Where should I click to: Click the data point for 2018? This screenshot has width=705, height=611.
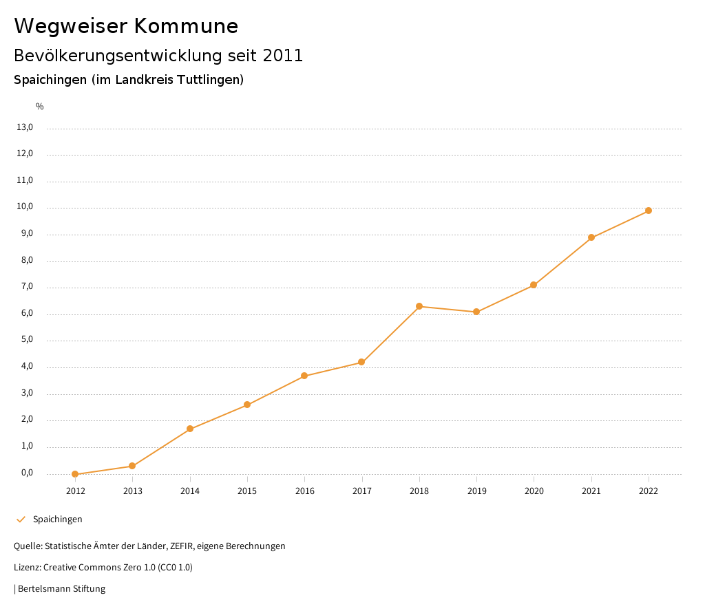coord(419,306)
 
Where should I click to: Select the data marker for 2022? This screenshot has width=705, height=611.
coord(649,211)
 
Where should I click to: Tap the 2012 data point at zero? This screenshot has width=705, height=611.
coord(75,474)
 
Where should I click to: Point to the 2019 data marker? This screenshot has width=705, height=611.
coord(476,312)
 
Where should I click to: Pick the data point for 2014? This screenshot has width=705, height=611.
coord(190,429)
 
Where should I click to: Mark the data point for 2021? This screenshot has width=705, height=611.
coord(591,237)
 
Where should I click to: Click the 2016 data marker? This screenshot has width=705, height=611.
coord(304,376)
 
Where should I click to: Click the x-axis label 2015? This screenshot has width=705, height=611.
coord(247,491)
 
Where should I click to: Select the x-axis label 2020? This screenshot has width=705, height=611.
coord(534,491)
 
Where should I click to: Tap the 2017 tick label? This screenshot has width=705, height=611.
coord(362,491)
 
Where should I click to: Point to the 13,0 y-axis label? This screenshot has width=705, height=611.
coord(25,127)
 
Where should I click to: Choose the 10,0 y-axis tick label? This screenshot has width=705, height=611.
coord(25,207)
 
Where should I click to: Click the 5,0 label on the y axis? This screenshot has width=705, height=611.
coord(27,340)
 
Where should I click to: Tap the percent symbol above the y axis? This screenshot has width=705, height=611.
coord(40,107)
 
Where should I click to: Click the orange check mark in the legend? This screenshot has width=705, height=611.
coord(21,519)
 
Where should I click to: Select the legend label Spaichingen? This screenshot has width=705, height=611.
coord(58,519)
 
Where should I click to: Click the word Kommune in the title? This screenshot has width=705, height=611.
coord(186,26)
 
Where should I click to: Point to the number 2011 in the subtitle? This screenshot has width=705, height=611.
coord(282,56)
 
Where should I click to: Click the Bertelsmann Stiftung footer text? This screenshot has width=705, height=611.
coord(61,589)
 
